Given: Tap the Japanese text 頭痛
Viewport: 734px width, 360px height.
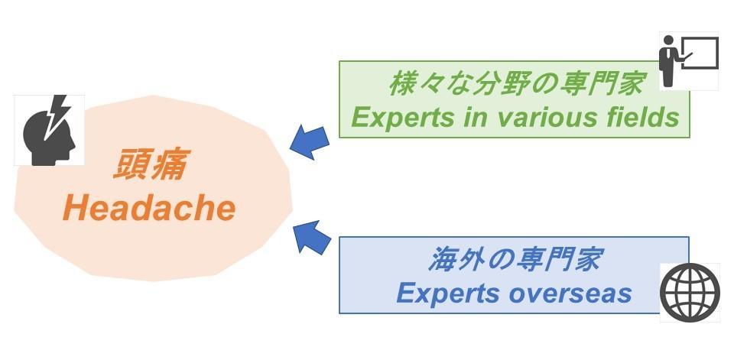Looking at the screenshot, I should (149, 165).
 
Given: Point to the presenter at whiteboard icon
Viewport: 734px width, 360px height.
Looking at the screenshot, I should (688, 60).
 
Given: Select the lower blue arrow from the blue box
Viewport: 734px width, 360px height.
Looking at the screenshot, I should (311, 237).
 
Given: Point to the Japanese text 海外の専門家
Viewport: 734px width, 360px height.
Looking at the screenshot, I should (514, 260).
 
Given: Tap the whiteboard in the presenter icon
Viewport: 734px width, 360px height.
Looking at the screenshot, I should (699, 53).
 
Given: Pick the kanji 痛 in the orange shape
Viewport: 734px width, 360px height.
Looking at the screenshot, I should (168, 165).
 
